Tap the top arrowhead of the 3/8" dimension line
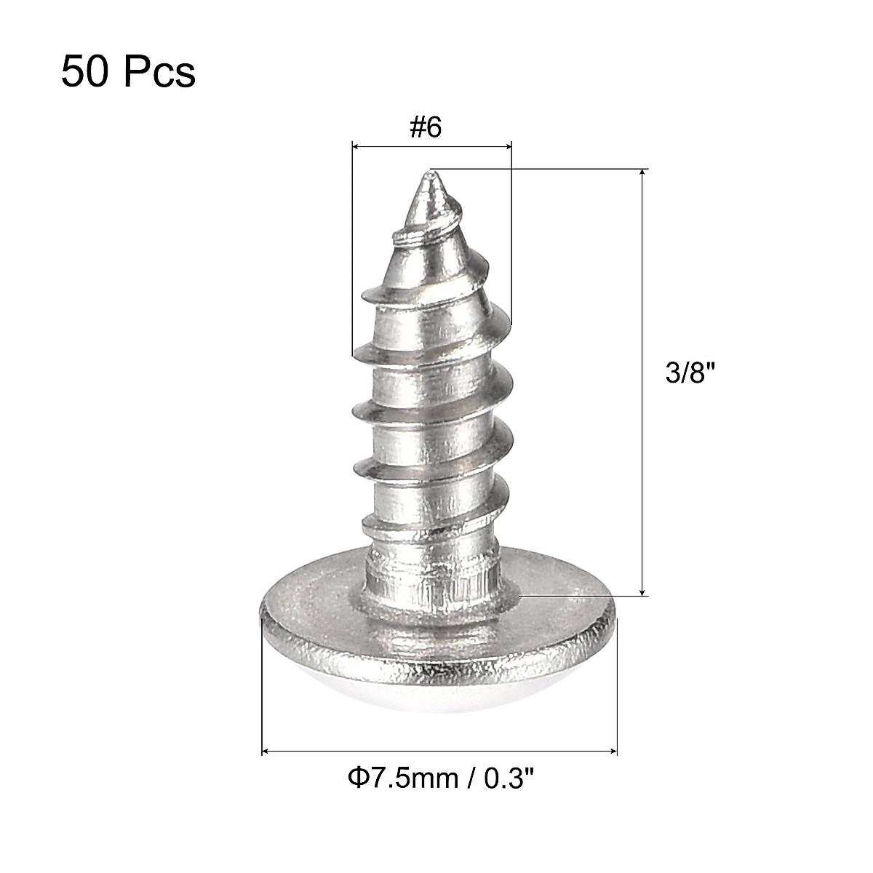[642, 173]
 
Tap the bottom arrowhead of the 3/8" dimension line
[642, 591]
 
